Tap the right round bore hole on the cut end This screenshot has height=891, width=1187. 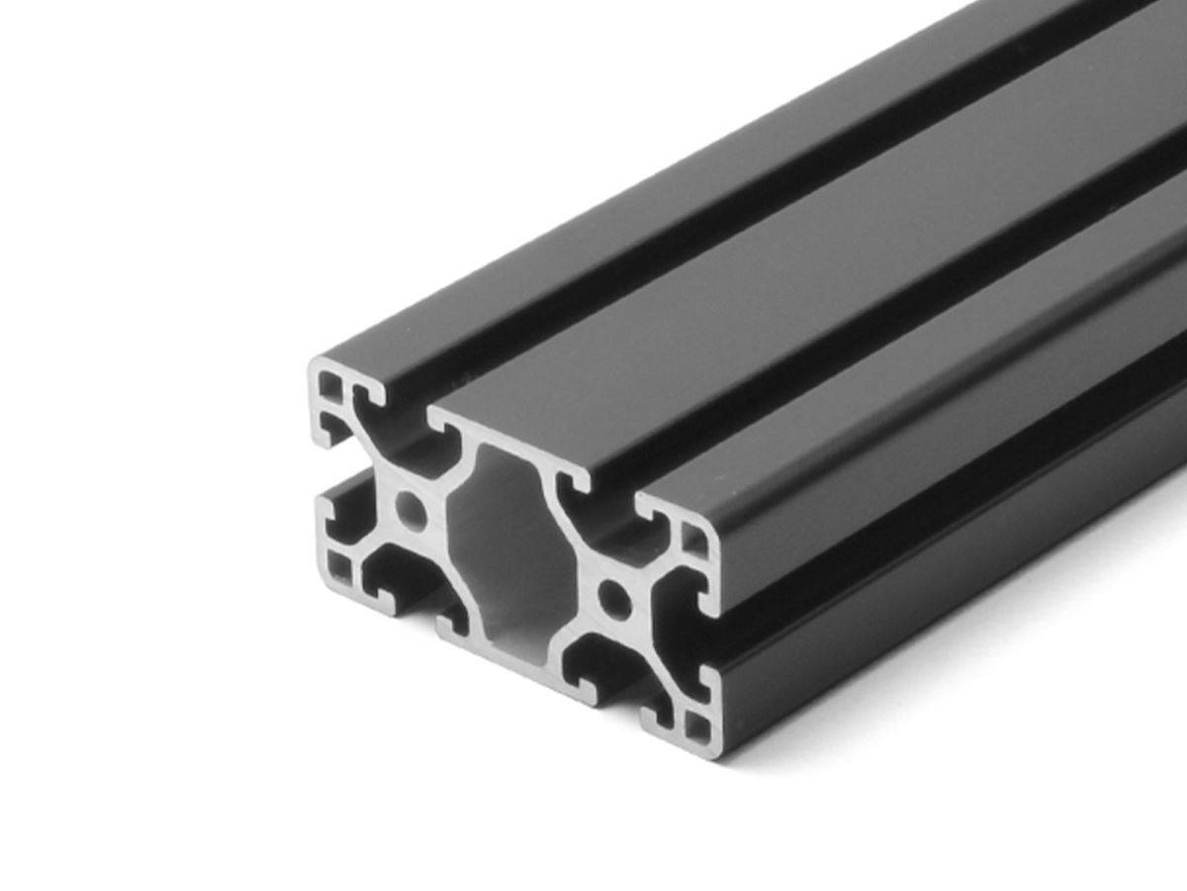(x=615, y=597)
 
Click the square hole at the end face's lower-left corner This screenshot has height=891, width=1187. (x=339, y=566)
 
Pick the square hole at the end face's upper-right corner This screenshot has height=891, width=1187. (x=695, y=541)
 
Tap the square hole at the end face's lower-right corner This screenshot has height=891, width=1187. (x=699, y=727)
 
